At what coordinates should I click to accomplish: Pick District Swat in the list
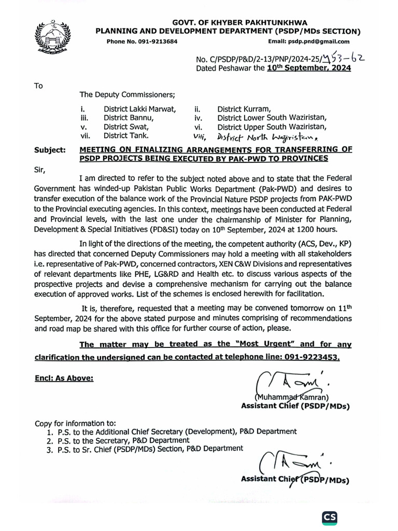pos(126,127)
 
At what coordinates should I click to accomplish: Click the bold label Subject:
pos(50,150)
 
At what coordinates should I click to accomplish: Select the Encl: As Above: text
pos(64,378)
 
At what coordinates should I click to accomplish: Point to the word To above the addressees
pos(39,86)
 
